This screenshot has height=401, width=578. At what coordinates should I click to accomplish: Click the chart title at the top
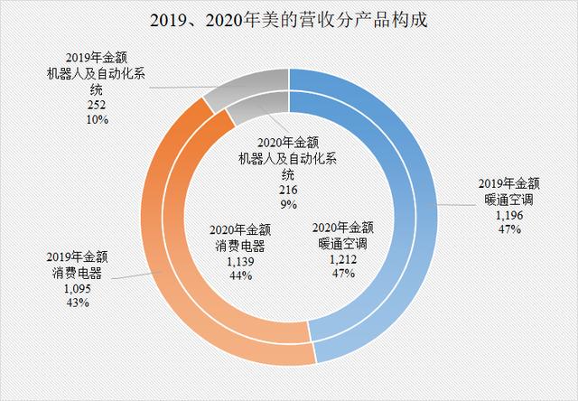tap(289, 20)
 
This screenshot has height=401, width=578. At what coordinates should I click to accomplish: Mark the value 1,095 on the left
tap(77, 289)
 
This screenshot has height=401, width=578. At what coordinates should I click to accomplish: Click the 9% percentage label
tap(289, 205)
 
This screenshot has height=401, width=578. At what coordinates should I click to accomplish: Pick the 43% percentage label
tap(77, 303)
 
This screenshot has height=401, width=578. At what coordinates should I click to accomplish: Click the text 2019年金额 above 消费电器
tap(77, 259)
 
